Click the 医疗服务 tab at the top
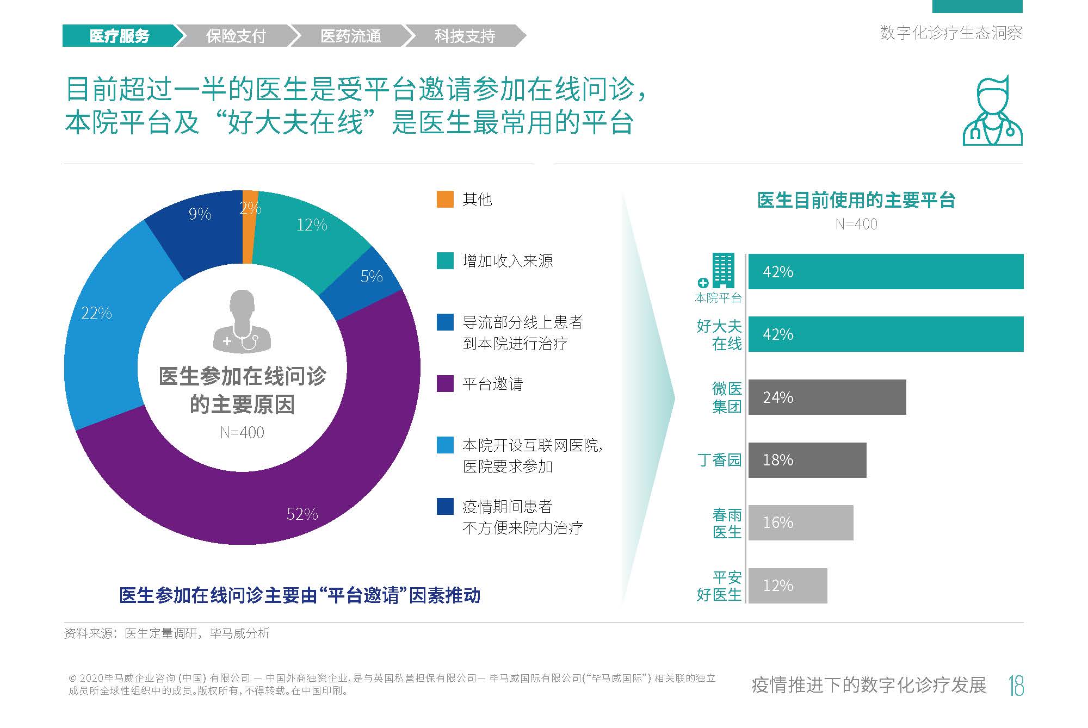pyautogui.click(x=119, y=36)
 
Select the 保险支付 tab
pyautogui.click(x=236, y=36)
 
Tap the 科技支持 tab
pyautogui.click(x=465, y=36)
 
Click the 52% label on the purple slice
pyautogui.click(x=302, y=514)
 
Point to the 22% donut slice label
pyautogui.click(x=96, y=313)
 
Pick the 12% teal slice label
pyautogui.click(x=312, y=225)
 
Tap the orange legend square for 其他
pyautogui.click(x=445, y=200)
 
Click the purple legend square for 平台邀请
pyautogui.click(x=445, y=384)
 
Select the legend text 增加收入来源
pyautogui.click(x=508, y=261)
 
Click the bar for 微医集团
pyautogui.click(x=827, y=397)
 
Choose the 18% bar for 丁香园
pyautogui.click(x=807, y=460)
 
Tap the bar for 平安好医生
pyautogui.click(x=787, y=586)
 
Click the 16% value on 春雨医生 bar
pyautogui.click(x=778, y=522)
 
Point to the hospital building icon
pyautogui.click(x=722, y=271)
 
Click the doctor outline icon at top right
pyautogui.click(x=992, y=111)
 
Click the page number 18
pyautogui.click(x=1016, y=686)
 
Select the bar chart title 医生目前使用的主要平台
pyautogui.click(x=856, y=200)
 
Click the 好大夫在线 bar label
pyautogui.click(x=719, y=334)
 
